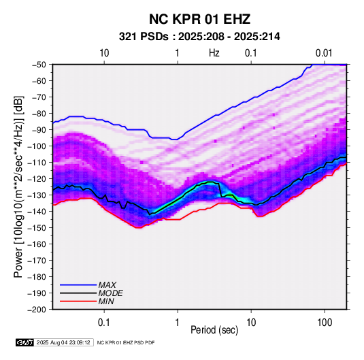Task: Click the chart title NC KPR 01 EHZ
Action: (199, 19)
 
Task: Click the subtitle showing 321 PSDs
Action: (199, 37)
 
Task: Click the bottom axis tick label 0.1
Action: (104, 322)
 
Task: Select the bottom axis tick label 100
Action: (325, 322)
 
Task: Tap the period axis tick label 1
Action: (178, 322)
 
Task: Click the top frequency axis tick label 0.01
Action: (324, 53)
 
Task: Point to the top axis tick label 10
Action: (104, 53)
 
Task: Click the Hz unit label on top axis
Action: (214, 53)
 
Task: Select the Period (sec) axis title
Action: (214, 330)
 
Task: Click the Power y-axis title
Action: (18, 187)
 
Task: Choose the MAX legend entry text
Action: (107, 285)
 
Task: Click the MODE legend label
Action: (110, 293)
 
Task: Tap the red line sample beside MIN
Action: (78, 301)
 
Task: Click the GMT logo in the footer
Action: (24, 342)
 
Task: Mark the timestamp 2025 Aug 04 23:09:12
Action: (63, 342)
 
